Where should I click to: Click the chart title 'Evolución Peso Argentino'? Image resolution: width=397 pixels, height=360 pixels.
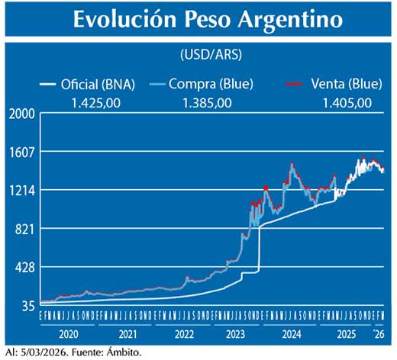pos(198,21)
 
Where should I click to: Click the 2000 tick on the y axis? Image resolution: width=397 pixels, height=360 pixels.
pos(22,114)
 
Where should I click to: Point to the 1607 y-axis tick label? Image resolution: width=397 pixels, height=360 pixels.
pos(22,152)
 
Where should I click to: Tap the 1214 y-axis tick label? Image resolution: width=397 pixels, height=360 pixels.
pos(22,191)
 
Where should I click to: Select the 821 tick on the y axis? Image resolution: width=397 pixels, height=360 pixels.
pos(25,229)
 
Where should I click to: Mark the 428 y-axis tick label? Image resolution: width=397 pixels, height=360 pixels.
pos(25,268)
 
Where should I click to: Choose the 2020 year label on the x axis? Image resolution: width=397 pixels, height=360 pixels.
pos(68,334)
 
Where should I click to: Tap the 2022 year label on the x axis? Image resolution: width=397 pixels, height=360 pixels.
pos(184,334)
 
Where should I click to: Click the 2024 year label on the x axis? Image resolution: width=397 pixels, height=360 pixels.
pos(291,334)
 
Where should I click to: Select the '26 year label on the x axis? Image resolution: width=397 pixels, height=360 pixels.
pos(379,334)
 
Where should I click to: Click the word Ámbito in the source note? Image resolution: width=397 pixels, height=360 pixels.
pos(124,352)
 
